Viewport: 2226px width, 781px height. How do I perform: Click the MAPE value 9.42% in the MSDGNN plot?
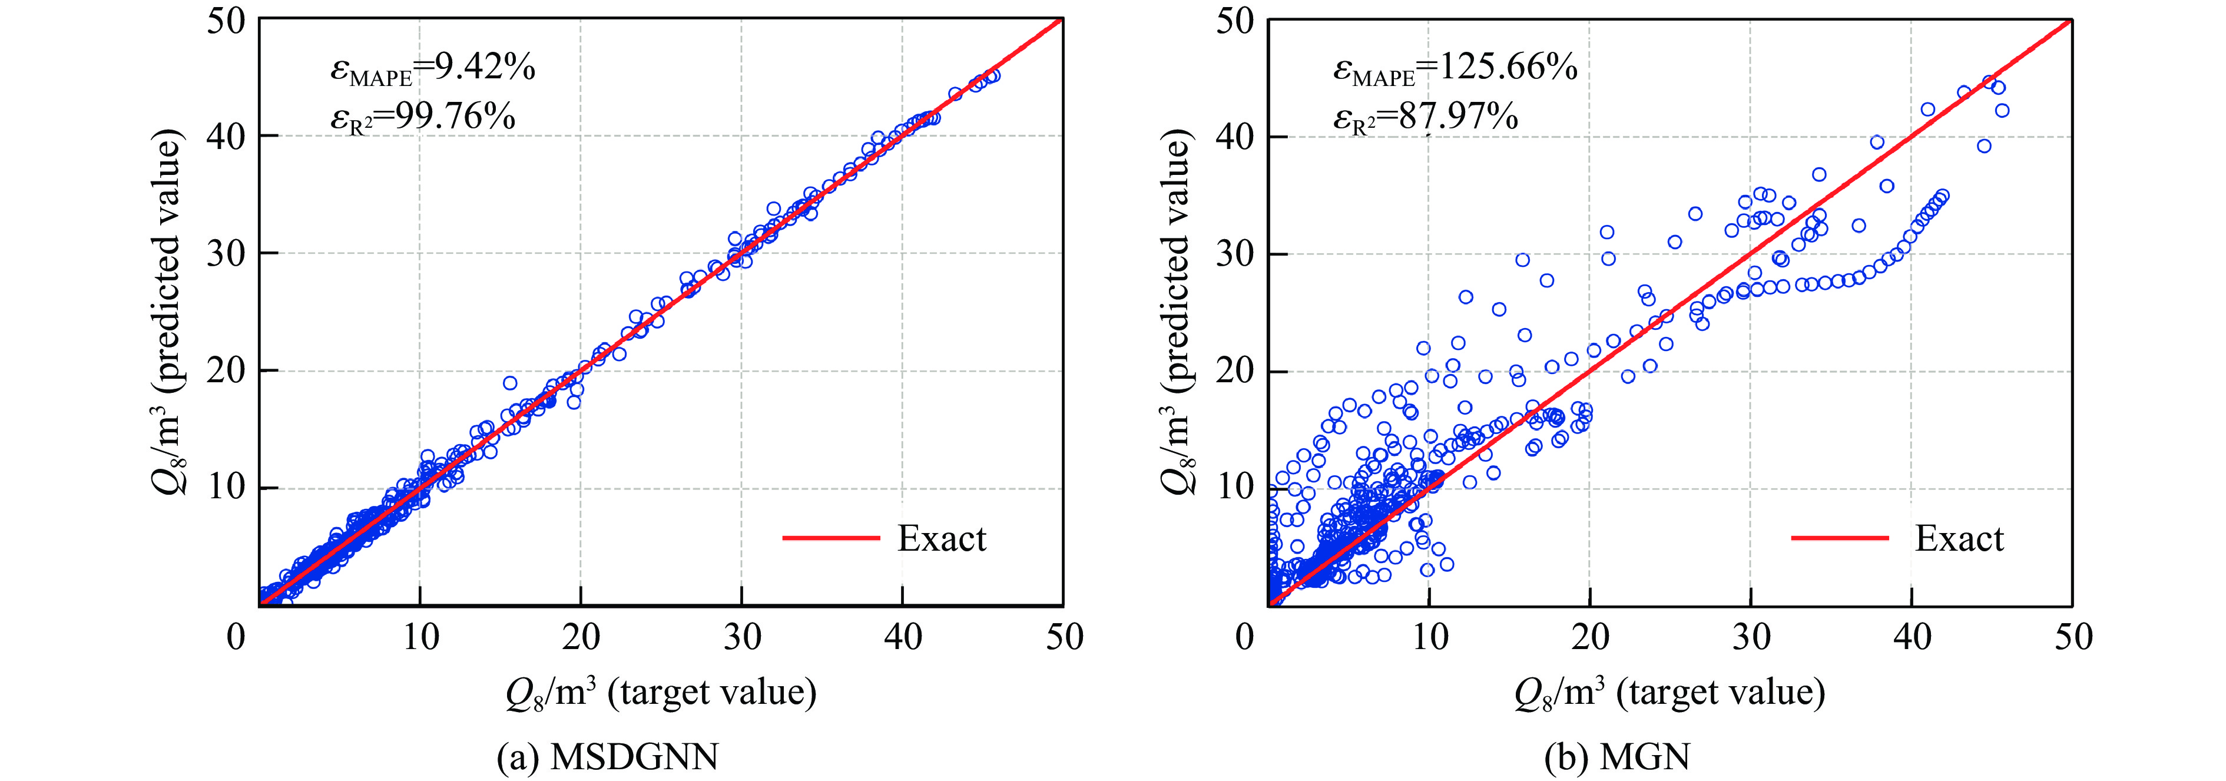click(484, 67)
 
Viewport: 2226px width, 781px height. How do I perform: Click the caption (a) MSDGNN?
click(608, 757)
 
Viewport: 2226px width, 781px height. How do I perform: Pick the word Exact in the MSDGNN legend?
click(941, 538)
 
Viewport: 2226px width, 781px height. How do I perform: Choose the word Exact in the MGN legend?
click(1959, 538)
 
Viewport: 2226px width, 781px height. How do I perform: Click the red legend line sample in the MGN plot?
click(1840, 538)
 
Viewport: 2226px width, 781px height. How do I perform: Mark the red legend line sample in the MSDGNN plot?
click(830, 538)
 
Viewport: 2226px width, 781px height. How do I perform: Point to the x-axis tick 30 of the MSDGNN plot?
click(742, 638)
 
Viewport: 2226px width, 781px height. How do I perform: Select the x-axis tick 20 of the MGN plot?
click(1590, 638)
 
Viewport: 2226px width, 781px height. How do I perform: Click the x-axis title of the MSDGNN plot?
click(661, 693)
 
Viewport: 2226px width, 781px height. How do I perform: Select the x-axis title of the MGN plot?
click(1669, 693)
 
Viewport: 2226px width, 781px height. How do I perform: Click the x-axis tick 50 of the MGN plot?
click(2073, 638)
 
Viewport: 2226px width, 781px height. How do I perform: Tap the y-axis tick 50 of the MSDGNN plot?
click(226, 21)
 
